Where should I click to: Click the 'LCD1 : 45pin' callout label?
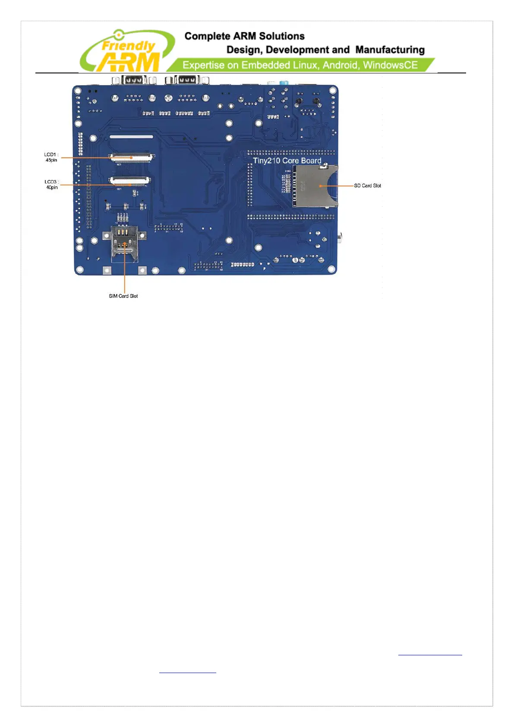click(x=51, y=157)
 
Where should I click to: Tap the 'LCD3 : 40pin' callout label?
click(x=52, y=185)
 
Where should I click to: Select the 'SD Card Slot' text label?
click(x=367, y=186)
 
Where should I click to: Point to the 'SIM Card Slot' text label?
click(x=123, y=296)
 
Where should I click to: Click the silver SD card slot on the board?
click(x=316, y=186)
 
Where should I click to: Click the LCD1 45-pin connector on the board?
click(x=131, y=157)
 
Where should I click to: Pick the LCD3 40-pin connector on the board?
click(x=129, y=181)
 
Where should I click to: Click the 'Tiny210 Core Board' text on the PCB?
click(x=287, y=161)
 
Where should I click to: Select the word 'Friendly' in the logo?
click(x=128, y=45)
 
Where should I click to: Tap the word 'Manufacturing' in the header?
click(x=390, y=50)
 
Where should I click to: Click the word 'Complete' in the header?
click(x=207, y=36)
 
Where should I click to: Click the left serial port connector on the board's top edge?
click(x=133, y=80)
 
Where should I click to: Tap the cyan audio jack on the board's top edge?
click(x=284, y=82)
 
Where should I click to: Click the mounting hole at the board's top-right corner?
click(x=333, y=91)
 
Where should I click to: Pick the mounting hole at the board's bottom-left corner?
click(x=79, y=270)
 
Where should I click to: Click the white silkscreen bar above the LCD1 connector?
click(x=131, y=137)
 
